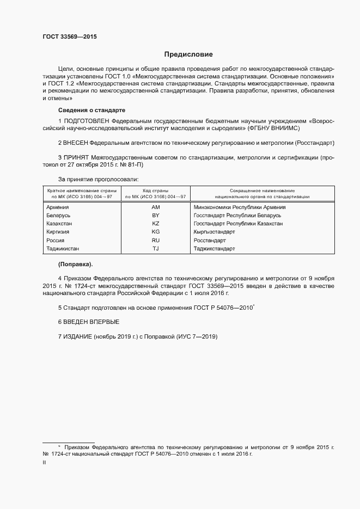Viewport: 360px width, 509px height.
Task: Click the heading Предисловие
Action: pos(188,54)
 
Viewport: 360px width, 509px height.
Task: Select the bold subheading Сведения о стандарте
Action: pos(91,110)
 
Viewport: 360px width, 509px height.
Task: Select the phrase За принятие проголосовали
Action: pos(98,179)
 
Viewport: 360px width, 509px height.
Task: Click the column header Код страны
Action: pos(155,191)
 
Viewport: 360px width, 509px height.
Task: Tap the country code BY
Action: pos(155,216)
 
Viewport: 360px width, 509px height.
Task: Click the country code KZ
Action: pos(155,224)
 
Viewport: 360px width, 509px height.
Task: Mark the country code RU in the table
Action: pos(155,240)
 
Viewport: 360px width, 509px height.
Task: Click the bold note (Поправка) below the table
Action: pos(75,265)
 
